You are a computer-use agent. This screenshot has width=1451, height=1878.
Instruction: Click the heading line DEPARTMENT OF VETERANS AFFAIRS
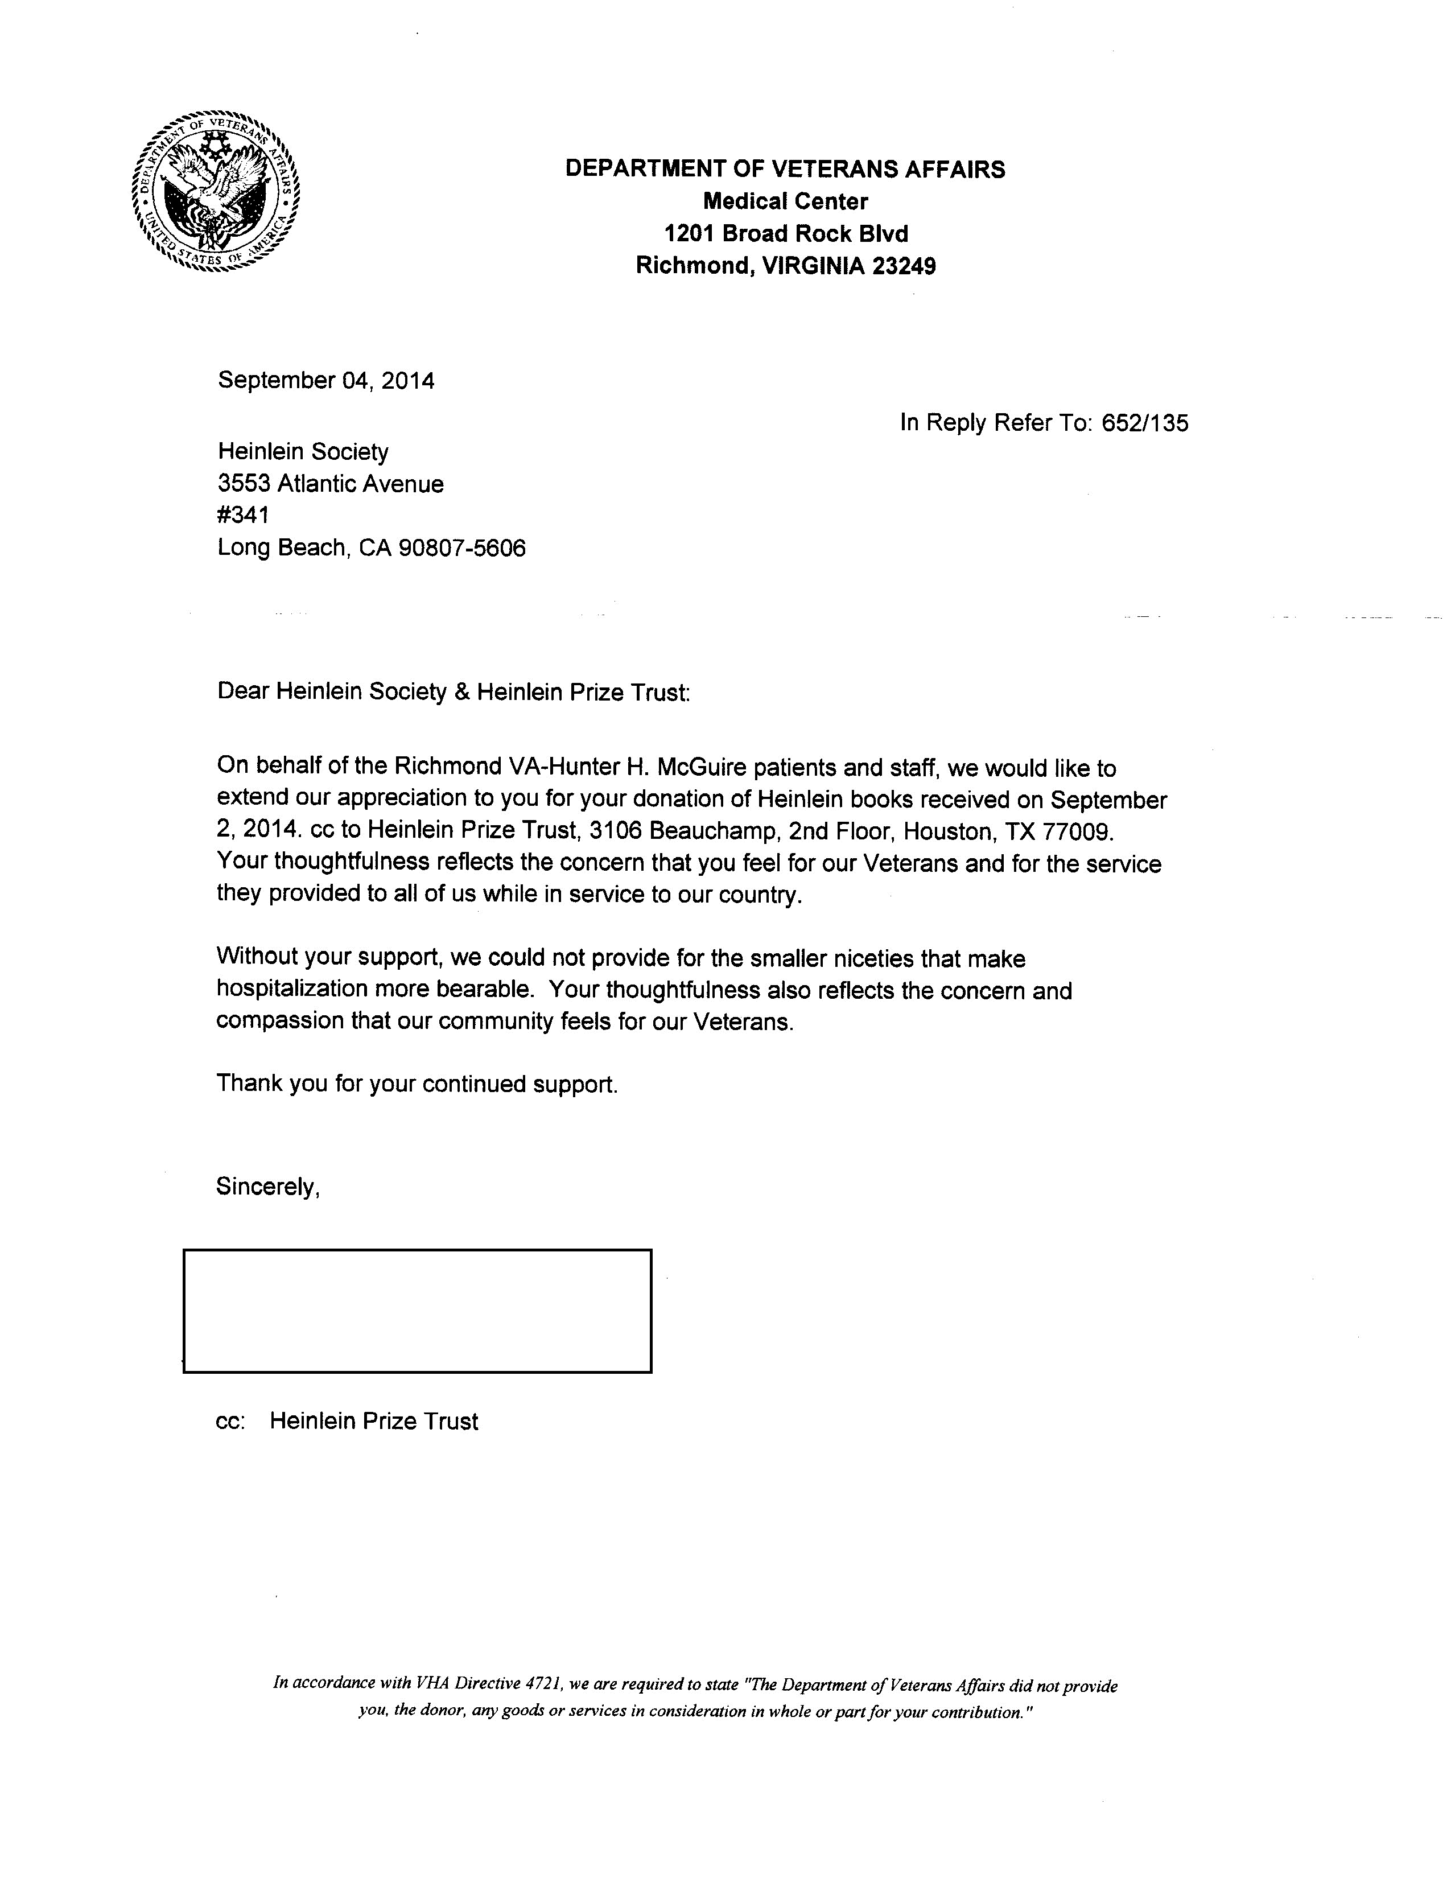coord(785,170)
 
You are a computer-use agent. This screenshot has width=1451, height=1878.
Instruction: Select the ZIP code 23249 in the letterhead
coord(904,266)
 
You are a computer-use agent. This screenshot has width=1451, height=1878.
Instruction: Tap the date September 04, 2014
coord(326,381)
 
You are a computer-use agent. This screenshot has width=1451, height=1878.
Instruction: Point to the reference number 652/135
coord(1145,423)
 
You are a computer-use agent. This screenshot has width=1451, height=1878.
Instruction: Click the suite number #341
coord(244,516)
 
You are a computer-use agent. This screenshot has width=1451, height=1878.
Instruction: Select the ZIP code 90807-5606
coord(461,549)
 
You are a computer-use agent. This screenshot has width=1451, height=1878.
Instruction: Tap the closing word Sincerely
coord(266,1188)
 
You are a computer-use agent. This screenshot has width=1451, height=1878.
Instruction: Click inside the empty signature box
coord(417,1311)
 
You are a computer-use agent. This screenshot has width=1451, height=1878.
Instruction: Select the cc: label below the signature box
coord(230,1422)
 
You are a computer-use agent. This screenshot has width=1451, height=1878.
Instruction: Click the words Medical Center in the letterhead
coord(785,202)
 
